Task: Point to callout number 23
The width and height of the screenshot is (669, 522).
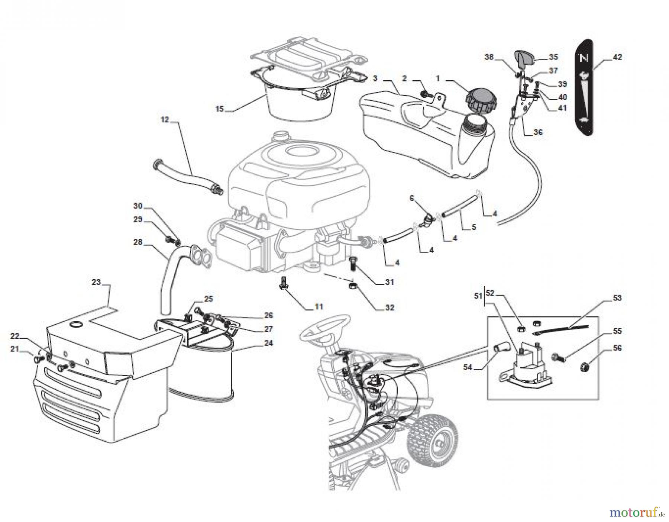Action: (96, 282)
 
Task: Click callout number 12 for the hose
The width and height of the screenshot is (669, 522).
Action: (165, 120)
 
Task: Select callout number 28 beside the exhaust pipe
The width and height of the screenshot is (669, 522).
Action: (138, 242)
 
